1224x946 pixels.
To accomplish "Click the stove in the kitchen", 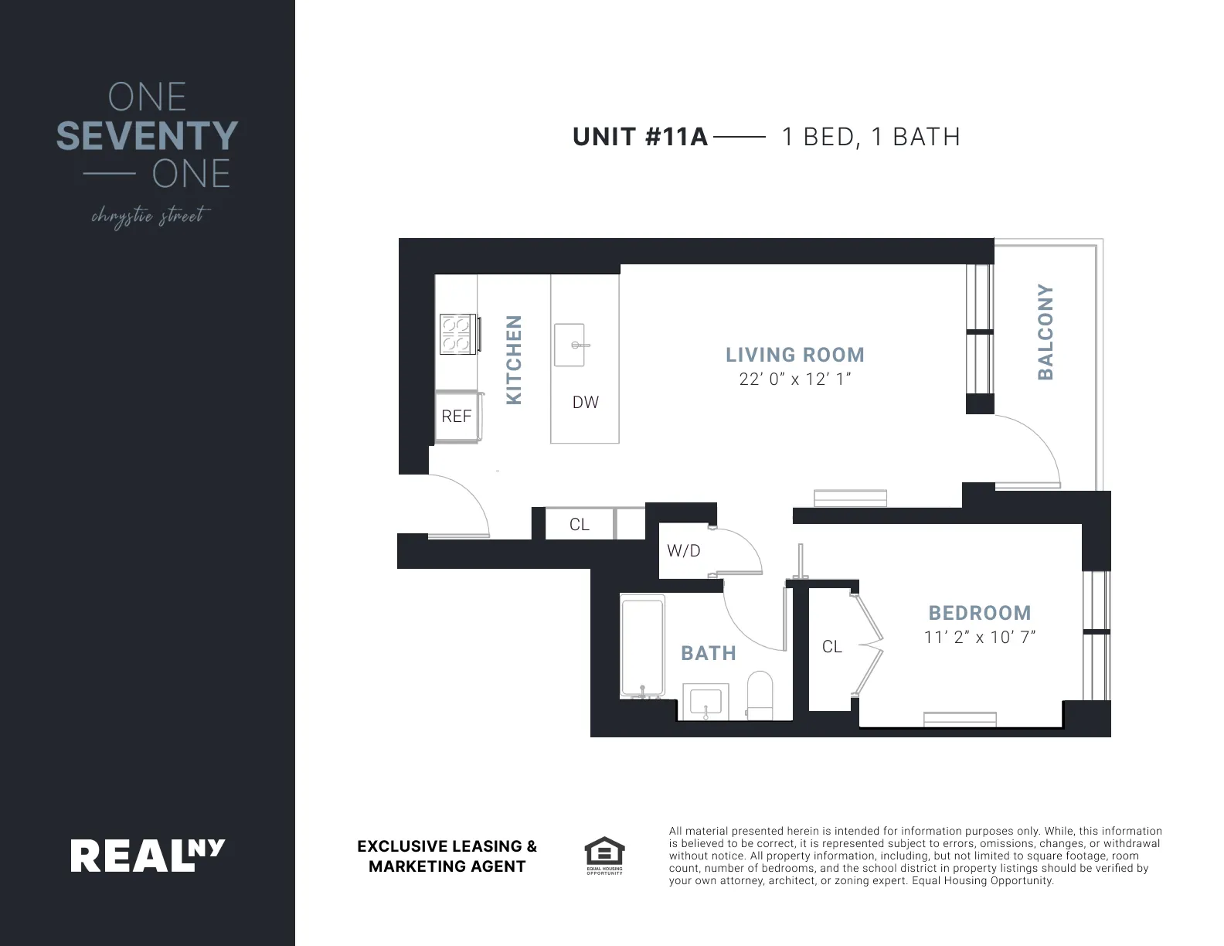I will (x=456, y=334).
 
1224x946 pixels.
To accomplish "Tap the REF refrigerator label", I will (x=456, y=417).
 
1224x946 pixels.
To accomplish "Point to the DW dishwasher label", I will (x=586, y=402).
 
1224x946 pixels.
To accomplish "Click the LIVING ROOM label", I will (x=794, y=355).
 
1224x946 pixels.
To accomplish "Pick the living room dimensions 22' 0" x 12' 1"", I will (x=794, y=379).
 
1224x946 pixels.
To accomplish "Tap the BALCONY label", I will (x=1045, y=332).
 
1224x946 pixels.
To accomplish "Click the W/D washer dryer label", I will (x=683, y=551).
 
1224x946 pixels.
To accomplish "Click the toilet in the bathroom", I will (x=760, y=693).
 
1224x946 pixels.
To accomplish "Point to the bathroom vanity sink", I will (x=705, y=702).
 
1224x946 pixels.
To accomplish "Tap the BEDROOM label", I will (x=979, y=613).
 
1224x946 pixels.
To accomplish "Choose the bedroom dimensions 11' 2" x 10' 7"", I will (x=979, y=638).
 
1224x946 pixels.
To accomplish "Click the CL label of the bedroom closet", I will (x=831, y=647).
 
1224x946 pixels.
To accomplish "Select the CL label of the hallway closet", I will (x=579, y=525).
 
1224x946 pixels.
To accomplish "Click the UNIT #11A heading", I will (x=640, y=137).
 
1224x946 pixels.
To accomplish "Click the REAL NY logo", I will (x=148, y=856).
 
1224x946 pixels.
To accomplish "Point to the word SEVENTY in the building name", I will (x=147, y=136).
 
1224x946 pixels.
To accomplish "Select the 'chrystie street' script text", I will (x=149, y=216).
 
